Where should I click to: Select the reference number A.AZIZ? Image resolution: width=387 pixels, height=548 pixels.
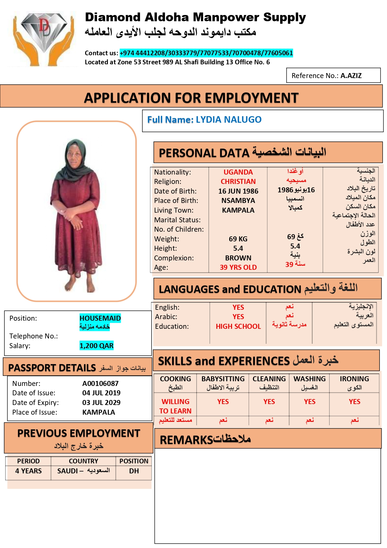351,76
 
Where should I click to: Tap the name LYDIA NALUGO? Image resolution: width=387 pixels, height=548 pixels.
229,120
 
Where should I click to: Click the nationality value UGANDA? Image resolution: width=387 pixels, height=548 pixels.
238,172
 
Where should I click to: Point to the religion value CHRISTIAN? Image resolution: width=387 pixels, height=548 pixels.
238,181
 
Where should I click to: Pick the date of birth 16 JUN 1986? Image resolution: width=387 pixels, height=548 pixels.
238,191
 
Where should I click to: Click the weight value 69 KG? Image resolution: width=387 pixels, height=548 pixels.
238,239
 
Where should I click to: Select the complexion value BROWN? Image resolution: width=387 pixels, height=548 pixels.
238,258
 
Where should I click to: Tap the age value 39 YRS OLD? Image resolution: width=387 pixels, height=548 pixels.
238,267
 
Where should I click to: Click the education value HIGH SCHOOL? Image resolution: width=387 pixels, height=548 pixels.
238,326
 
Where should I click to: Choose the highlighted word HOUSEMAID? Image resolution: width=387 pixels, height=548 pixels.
100,318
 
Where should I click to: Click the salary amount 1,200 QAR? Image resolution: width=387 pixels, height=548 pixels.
96,346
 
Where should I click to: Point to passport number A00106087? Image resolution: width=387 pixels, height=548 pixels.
100,383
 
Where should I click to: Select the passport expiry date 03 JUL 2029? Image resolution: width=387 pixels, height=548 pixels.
101,402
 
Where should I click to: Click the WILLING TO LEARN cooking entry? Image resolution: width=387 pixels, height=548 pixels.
175,406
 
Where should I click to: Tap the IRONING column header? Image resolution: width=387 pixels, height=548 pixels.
354,379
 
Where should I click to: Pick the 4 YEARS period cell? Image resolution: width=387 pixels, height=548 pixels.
28,471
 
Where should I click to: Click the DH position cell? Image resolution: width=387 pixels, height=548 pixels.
134,471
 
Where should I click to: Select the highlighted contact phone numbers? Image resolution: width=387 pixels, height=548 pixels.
206,53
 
